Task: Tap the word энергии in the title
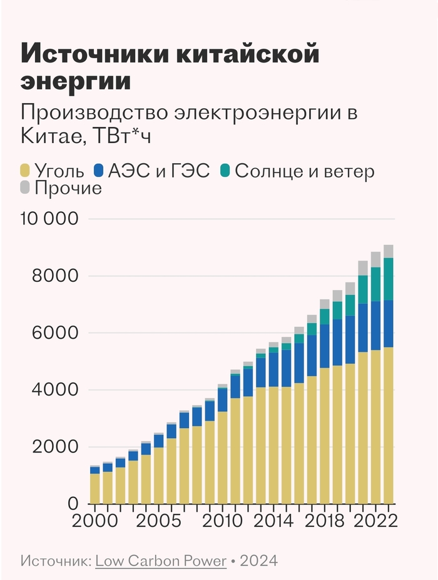click(76, 82)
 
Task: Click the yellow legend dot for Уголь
click(26, 170)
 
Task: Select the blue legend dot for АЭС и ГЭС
click(99, 170)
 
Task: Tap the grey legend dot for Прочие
click(26, 187)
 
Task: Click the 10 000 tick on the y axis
click(48, 219)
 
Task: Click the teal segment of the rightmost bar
click(389, 279)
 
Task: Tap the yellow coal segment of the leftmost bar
click(94, 488)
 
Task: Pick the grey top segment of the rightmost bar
click(389, 251)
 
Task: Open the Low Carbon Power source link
click(161, 561)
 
